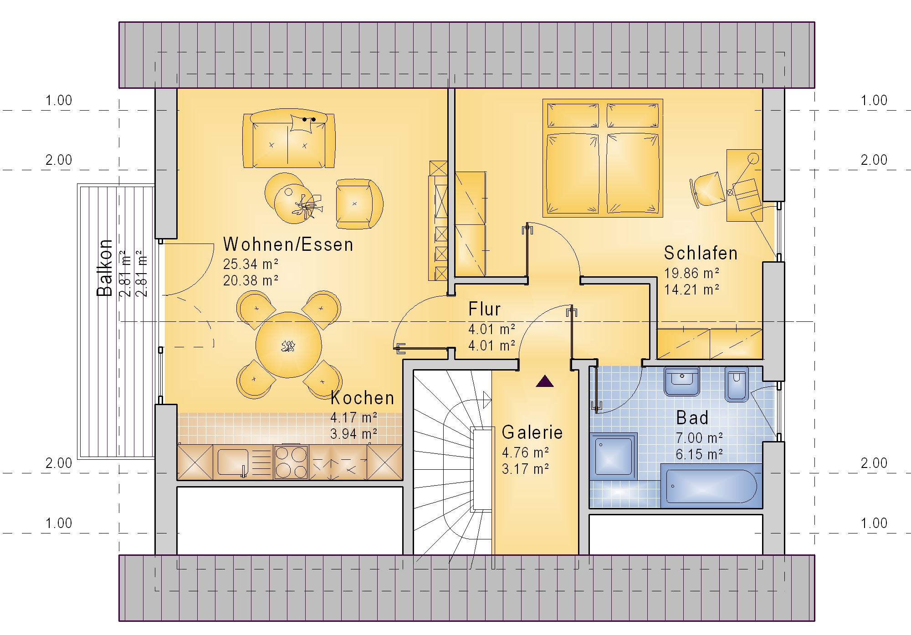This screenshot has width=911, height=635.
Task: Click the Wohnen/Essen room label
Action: [288, 244]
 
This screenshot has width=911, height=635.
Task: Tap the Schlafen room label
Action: [701, 253]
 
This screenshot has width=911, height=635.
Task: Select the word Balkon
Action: [105, 268]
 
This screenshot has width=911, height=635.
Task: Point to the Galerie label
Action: [532, 432]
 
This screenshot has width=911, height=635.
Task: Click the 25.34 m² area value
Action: [251, 264]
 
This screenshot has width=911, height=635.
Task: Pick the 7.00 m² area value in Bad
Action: [699, 438]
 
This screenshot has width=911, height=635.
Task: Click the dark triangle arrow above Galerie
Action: [545, 381]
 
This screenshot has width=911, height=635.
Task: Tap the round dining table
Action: [288, 345]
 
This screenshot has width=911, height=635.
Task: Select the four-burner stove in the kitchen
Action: [291, 462]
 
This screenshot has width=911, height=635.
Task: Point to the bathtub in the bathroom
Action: [711, 486]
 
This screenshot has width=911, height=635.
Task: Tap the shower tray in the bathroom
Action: [613, 456]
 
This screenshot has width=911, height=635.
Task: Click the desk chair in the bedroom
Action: [707, 189]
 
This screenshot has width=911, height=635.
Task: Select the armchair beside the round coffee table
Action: [359, 203]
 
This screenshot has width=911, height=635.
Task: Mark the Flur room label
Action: [485, 309]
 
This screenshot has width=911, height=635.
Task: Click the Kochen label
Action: [362, 398]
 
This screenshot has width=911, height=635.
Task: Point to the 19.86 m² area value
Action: [691, 273]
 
